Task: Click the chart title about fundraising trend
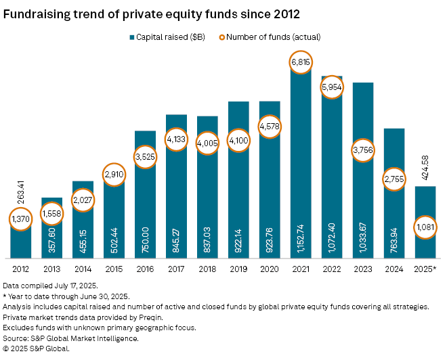click(152, 14)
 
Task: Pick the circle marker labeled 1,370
click(21, 219)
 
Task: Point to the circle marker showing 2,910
click(114, 174)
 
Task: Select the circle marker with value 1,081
click(425, 225)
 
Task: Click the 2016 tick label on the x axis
click(145, 269)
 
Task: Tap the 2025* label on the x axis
click(425, 269)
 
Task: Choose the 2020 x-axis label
click(269, 269)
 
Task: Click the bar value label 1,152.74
click(300, 236)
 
